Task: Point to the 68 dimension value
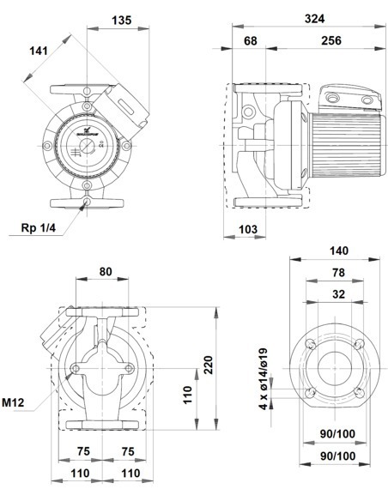tap(250, 40)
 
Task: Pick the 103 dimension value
tap(248, 229)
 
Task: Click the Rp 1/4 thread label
tap(39, 227)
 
